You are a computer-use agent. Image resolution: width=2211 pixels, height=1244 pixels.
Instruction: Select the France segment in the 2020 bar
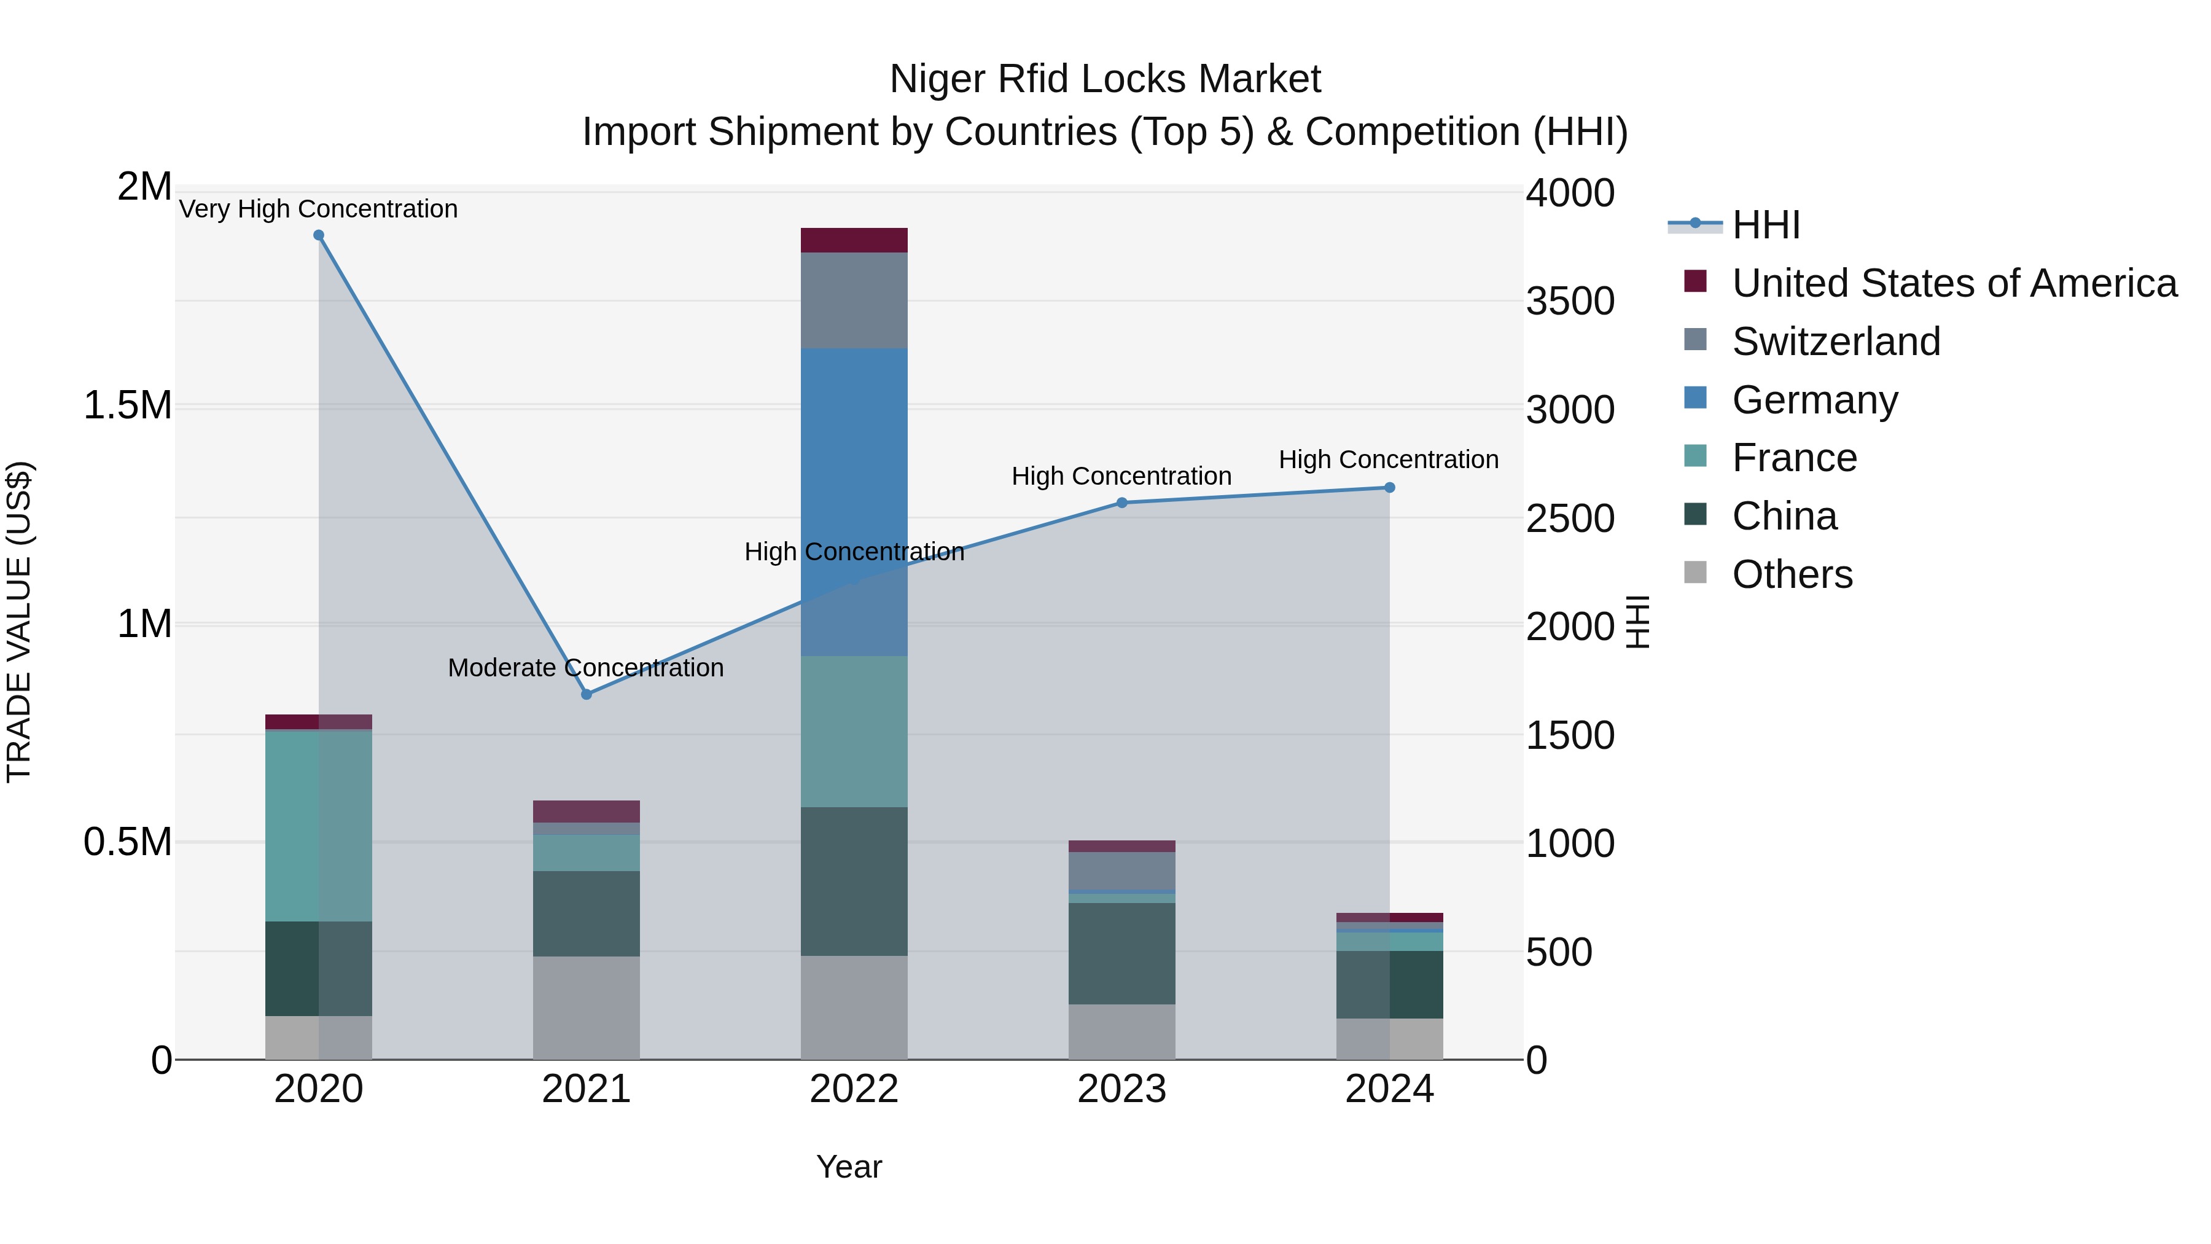[x=318, y=825]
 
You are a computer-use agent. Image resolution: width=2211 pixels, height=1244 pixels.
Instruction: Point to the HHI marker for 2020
[x=318, y=235]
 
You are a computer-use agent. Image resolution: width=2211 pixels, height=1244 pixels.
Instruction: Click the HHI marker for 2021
[x=587, y=694]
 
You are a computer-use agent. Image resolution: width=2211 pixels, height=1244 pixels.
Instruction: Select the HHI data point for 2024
[x=1390, y=488]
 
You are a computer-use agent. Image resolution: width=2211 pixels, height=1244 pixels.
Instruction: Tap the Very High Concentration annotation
[x=318, y=209]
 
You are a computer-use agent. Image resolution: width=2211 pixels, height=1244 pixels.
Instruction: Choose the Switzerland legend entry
[x=1836, y=341]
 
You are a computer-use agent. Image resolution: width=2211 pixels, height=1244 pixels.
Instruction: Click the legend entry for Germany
[x=1814, y=399]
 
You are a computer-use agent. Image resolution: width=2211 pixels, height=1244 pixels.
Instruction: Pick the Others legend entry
[x=1792, y=574]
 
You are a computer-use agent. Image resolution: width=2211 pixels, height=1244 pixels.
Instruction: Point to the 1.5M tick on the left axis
[x=127, y=405]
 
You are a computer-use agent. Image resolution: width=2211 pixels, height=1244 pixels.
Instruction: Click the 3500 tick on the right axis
[x=1570, y=302]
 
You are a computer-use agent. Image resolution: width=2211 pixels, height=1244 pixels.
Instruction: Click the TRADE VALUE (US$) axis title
[x=19, y=622]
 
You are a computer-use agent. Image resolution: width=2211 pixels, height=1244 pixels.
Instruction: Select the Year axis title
[x=849, y=1167]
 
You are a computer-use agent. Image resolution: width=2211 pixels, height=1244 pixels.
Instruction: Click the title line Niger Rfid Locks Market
[x=1105, y=79]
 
